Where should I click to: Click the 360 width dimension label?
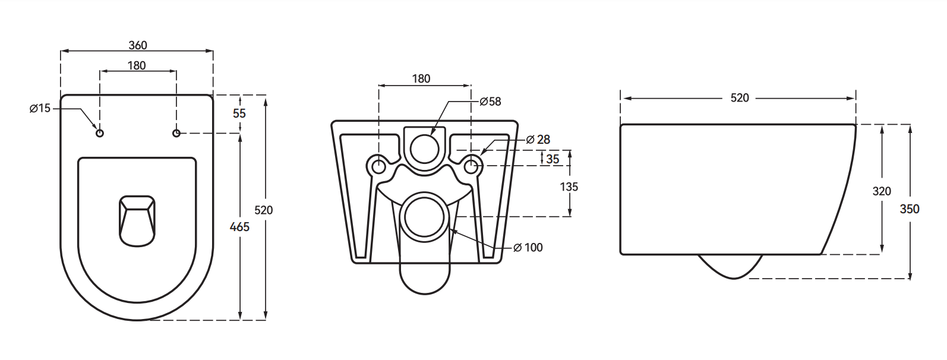(x=137, y=46)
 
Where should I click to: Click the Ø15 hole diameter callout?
(x=40, y=108)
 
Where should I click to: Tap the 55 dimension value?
(x=239, y=113)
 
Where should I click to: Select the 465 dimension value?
(x=239, y=226)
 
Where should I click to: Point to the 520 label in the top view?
(x=264, y=210)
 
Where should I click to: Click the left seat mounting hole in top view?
(x=100, y=133)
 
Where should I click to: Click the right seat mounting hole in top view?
(x=176, y=132)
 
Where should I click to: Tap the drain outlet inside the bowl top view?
(x=137, y=219)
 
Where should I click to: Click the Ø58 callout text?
(x=490, y=102)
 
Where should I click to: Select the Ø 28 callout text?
(x=538, y=140)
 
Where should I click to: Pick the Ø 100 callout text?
(x=528, y=247)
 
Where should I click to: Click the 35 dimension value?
(x=553, y=159)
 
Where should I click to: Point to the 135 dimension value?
(x=569, y=187)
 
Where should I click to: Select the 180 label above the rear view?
(x=421, y=78)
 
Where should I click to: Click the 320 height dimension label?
(x=882, y=191)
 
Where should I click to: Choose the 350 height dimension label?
(x=910, y=209)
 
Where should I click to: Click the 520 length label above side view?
(x=740, y=98)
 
